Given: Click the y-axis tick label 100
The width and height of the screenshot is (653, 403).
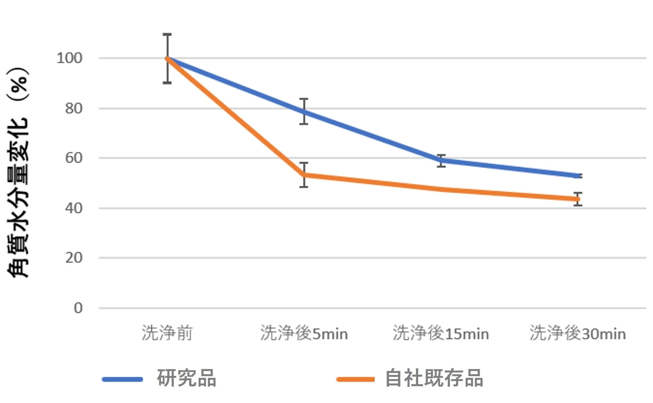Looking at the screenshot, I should (69, 58).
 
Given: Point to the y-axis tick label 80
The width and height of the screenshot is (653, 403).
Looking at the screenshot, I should (74, 109).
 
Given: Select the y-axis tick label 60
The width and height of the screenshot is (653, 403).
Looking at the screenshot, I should (74, 158).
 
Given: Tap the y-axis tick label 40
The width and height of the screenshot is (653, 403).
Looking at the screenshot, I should (74, 208).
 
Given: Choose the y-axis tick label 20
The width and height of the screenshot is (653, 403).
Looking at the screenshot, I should (74, 258).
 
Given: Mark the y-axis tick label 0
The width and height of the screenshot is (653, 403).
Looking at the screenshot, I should (78, 308).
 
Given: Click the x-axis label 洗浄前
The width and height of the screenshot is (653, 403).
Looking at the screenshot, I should (167, 333).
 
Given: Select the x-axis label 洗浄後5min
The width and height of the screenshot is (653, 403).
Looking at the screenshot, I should (304, 333).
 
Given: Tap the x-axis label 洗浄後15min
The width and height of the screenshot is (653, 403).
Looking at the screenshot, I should (441, 333).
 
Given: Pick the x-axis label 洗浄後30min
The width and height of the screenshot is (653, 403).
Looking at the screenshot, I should (578, 333).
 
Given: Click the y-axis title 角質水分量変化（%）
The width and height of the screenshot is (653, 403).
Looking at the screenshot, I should (18, 173).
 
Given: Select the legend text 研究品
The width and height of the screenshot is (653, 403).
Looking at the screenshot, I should (187, 378).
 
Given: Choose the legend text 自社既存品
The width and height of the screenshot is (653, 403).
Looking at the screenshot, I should (434, 378).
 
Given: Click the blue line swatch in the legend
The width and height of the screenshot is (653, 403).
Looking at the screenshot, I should (123, 379).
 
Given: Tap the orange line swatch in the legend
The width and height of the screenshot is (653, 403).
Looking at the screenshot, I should (356, 379).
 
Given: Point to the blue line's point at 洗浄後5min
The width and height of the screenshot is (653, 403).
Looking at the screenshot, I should (304, 112).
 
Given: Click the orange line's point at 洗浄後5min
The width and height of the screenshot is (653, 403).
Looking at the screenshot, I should (304, 175).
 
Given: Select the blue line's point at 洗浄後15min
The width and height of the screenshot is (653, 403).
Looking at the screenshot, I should (441, 161).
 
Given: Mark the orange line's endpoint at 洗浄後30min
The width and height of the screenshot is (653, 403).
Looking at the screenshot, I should (577, 199).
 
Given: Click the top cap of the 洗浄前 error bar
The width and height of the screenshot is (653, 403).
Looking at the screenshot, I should (167, 34).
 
